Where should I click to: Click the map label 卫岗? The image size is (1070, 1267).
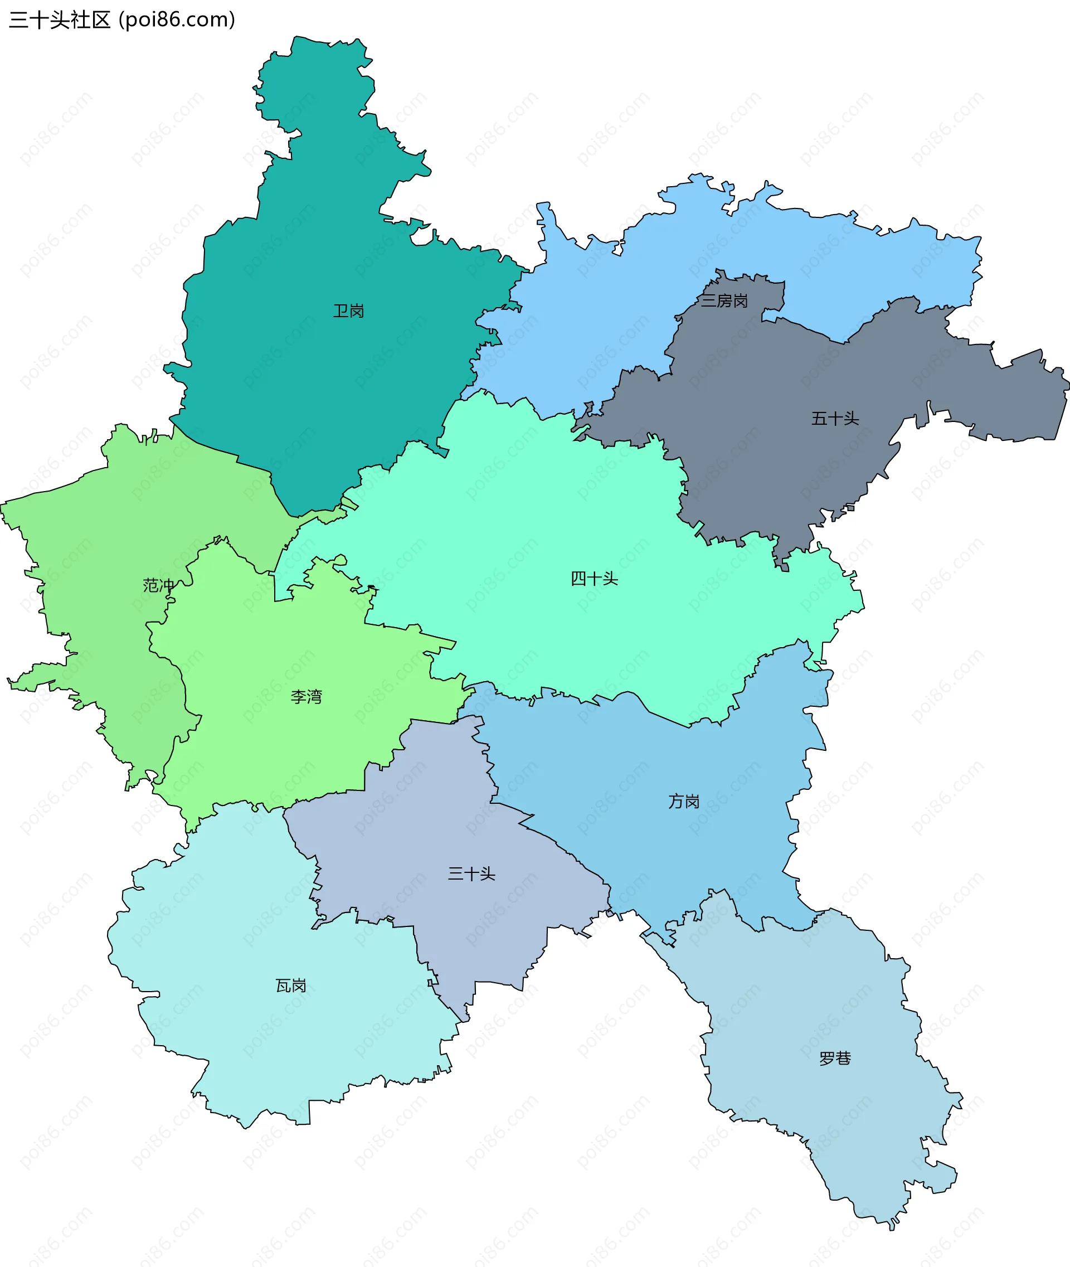pos(348,311)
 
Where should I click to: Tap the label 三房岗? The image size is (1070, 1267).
pos(724,301)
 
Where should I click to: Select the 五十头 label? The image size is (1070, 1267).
pos(835,419)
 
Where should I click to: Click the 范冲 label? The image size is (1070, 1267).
pos(158,586)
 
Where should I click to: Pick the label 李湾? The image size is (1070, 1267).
pos(307,697)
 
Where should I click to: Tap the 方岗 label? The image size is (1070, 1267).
pos(684,802)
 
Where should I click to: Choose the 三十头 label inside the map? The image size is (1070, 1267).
pos(471,874)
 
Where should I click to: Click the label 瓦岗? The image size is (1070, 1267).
pos(291,986)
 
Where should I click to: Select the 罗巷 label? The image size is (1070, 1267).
pos(835,1059)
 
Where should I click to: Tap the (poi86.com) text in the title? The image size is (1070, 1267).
pos(177,20)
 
